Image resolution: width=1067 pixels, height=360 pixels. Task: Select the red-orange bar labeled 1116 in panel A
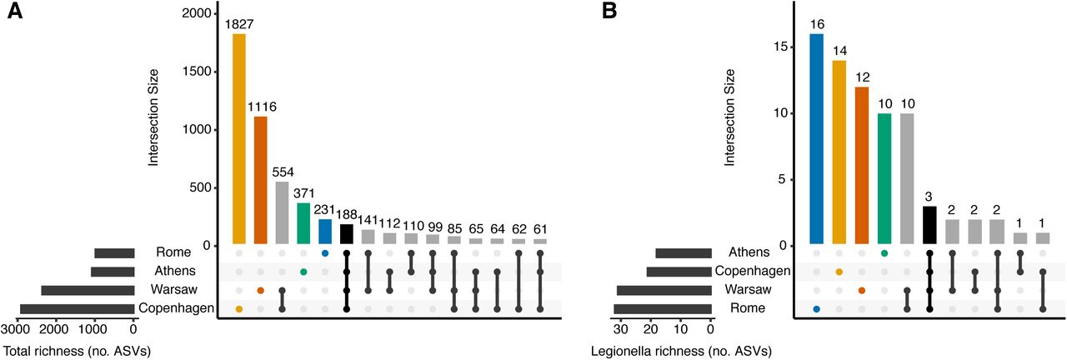(260, 180)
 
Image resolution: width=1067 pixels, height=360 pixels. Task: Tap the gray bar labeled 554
(282, 212)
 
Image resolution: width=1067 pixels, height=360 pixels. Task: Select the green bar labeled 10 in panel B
(884, 179)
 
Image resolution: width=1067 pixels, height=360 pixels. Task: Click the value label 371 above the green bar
(303, 193)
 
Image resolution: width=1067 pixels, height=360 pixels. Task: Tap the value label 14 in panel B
(839, 51)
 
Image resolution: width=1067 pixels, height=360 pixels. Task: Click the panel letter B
(609, 12)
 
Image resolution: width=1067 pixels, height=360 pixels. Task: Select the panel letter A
(14, 12)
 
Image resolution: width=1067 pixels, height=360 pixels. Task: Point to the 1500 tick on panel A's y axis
(198, 72)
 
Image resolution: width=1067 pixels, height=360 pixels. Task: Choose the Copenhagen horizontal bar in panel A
(77, 309)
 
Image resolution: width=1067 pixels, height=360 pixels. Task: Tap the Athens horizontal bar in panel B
(683, 252)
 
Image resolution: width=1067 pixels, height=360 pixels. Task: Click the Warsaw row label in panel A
(174, 290)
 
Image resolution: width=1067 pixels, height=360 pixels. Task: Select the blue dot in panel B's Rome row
(817, 309)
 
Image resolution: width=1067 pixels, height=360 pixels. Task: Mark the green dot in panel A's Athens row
(303, 272)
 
